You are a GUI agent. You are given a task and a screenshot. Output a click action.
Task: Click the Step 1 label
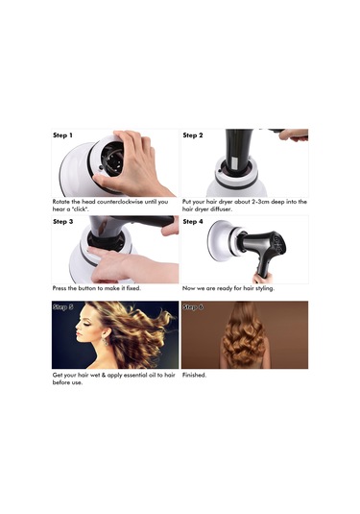(x=62, y=135)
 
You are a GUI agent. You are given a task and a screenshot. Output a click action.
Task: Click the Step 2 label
(x=193, y=135)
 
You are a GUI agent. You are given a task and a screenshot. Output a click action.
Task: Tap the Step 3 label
(x=63, y=222)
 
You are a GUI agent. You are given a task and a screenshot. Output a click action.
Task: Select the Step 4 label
(x=193, y=222)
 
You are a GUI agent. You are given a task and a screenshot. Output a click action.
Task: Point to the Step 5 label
(x=63, y=307)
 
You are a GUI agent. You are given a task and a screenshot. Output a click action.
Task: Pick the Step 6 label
(x=193, y=307)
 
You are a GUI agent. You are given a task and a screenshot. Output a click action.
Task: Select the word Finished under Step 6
(x=194, y=375)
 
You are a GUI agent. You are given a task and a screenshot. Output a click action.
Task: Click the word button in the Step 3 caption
(x=86, y=288)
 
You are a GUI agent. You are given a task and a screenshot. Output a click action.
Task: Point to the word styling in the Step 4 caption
(x=264, y=289)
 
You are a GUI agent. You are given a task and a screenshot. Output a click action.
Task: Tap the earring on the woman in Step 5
(x=106, y=342)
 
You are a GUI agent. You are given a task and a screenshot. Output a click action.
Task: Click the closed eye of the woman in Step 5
(x=84, y=323)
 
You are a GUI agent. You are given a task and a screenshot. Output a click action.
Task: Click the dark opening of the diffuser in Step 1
(x=112, y=159)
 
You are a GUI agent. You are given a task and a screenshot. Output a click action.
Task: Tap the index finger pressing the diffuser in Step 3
(x=104, y=253)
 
